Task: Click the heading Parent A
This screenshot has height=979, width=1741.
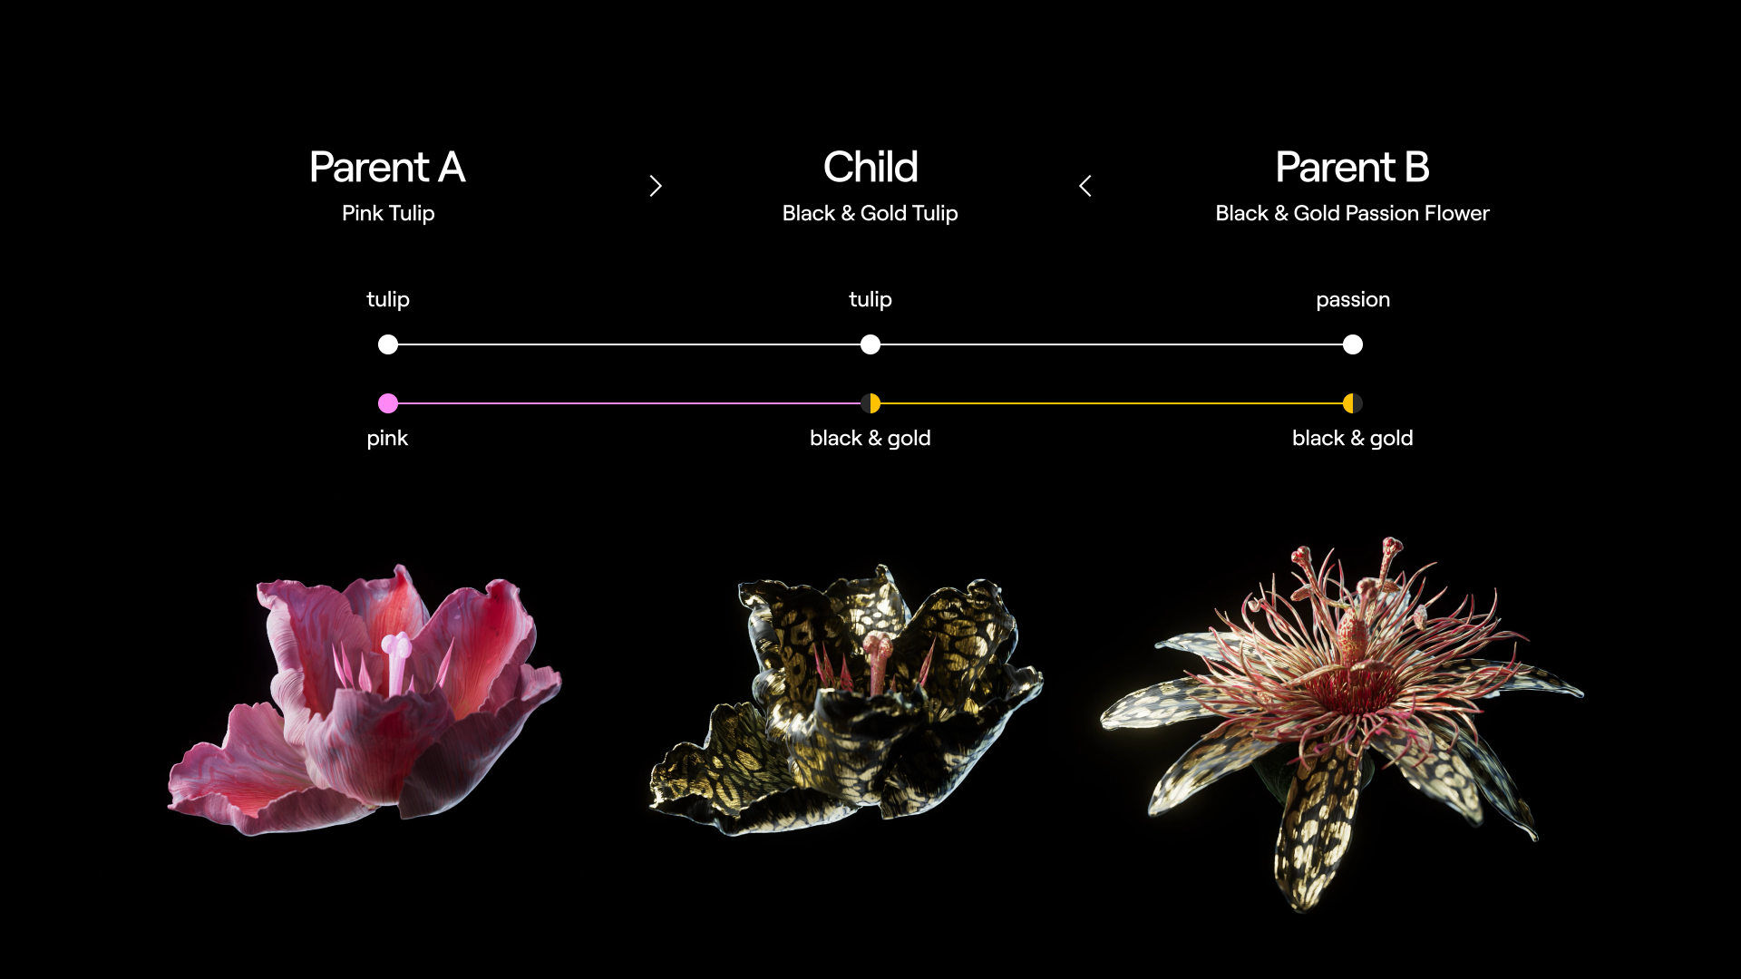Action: pos(387,168)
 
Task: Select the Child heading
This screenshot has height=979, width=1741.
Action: pos(870,168)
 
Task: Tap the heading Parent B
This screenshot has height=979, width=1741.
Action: pos(1352,168)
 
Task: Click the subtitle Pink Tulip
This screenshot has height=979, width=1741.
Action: pos(388,214)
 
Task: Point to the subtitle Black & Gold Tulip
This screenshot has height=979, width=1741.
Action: pos(870,214)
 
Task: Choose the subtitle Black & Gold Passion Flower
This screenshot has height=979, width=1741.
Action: pos(1352,214)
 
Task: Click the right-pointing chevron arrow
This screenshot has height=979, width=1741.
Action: pos(656,186)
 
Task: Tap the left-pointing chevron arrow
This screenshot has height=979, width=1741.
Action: pos(1085,186)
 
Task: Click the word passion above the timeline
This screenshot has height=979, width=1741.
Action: pos(1353,300)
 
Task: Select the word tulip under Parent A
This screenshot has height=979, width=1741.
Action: pos(388,300)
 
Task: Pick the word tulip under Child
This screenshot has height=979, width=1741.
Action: pos(870,300)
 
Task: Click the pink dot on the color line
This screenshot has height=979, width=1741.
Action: pos(388,403)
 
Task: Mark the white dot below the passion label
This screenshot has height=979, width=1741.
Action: pos(1353,344)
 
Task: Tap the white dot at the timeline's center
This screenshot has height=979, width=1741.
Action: pos(870,344)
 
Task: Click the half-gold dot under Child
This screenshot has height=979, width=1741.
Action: pos(870,403)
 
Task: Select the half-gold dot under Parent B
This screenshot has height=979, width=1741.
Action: pos(1353,403)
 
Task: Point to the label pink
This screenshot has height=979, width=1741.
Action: pos(387,439)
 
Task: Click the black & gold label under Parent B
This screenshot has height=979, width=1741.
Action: pos(1353,439)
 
